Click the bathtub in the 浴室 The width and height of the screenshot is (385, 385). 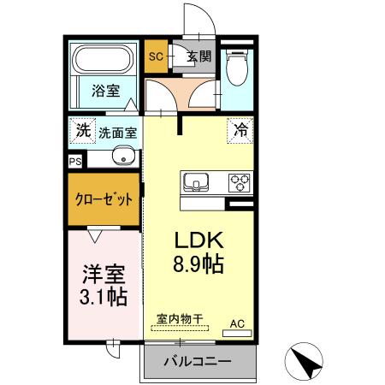pyautogui.click(x=102, y=61)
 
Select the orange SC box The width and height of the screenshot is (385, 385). pyautogui.click(x=156, y=58)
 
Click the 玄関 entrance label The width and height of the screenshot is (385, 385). pyautogui.click(x=198, y=58)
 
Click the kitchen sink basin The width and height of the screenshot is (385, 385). pyautogui.click(x=195, y=182)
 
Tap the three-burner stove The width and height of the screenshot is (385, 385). pyautogui.click(x=239, y=182)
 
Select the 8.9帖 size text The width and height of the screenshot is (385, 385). pyautogui.click(x=199, y=264)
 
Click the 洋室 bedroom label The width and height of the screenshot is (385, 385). pyautogui.click(x=104, y=275)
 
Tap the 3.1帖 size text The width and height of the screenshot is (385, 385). pyautogui.click(x=104, y=298)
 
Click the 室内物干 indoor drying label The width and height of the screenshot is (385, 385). pyautogui.click(x=180, y=320)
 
